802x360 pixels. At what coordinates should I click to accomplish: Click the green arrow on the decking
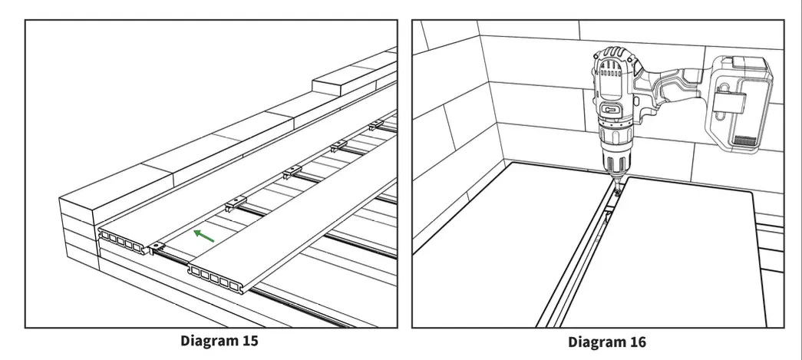[x=203, y=236]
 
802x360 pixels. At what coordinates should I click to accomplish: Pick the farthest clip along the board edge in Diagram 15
[x=376, y=125]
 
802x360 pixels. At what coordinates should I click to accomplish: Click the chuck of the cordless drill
[x=614, y=158]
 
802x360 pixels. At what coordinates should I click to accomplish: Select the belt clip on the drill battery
[x=725, y=100]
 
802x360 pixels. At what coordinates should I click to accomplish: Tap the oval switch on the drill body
[x=612, y=110]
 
